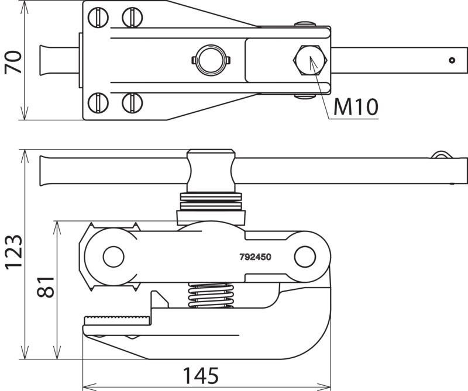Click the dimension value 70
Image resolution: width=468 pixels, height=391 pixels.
[13, 63]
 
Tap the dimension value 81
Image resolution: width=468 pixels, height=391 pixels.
[46, 287]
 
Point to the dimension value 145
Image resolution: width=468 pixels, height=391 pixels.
[201, 375]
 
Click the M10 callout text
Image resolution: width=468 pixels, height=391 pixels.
[356, 106]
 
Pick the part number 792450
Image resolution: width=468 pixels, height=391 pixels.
[255, 257]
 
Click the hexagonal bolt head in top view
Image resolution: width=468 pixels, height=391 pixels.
[310, 60]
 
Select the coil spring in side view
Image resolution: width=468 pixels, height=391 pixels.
[211, 295]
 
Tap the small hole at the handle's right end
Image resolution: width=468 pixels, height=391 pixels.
[452, 60]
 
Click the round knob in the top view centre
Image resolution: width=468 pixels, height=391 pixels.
[211, 60]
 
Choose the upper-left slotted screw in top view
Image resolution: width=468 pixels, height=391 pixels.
[98, 18]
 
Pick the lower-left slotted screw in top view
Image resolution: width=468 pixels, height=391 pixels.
[98, 103]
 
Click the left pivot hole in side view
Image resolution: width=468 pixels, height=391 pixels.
[113, 257]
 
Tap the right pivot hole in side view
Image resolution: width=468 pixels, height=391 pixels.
[305, 257]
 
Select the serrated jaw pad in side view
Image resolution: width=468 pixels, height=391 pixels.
[116, 321]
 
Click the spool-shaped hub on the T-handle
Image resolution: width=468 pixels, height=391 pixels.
[211, 171]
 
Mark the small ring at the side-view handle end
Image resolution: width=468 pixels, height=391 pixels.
[442, 155]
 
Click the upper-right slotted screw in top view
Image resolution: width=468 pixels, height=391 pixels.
[132, 18]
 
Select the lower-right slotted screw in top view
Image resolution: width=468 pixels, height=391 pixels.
[132, 103]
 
